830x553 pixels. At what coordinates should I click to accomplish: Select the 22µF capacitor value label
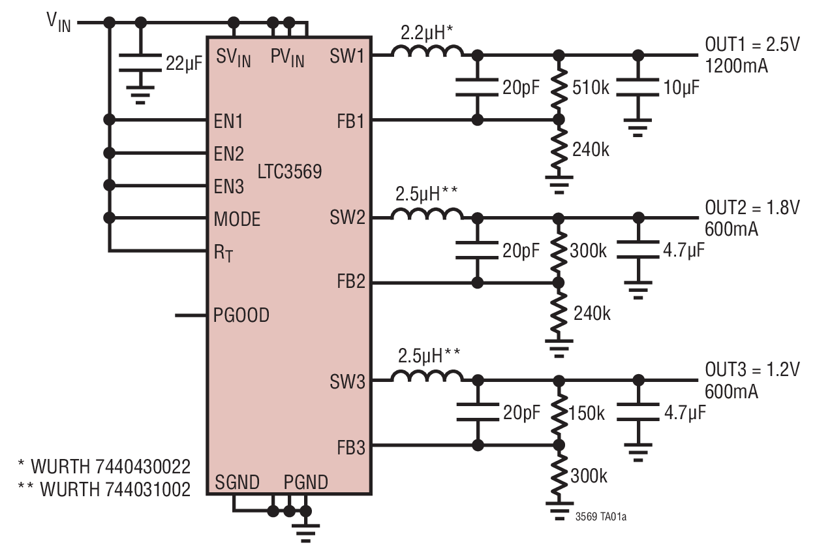click(183, 63)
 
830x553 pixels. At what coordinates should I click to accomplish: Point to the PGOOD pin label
click(241, 316)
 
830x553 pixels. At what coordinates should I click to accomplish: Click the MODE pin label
click(237, 219)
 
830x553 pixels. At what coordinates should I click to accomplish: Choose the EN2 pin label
click(228, 155)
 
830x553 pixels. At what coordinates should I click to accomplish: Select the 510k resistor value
click(591, 87)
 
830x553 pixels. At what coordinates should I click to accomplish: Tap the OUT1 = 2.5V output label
click(752, 44)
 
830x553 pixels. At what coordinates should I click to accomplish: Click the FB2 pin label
click(351, 282)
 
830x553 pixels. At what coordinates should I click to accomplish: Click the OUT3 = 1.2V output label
click(752, 370)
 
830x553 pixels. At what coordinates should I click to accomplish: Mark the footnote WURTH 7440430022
click(104, 467)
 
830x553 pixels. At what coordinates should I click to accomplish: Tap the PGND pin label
click(305, 483)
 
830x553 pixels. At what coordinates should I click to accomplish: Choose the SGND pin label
click(237, 483)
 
